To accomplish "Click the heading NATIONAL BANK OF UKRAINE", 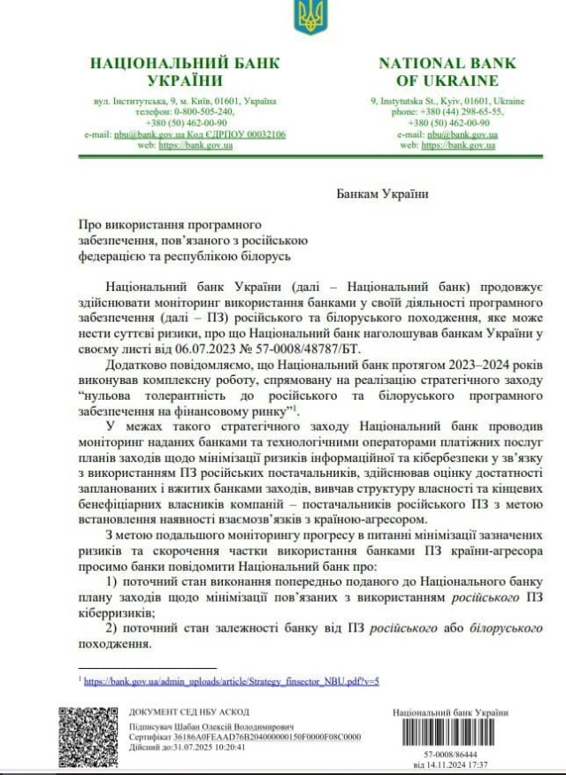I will [x=447, y=71].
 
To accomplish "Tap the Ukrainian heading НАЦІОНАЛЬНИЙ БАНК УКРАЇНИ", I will [x=185, y=71].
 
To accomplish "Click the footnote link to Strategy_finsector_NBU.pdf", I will [x=232, y=681].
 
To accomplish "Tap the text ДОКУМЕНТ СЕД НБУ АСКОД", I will [x=189, y=712].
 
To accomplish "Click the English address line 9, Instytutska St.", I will [x=447, y=101].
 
